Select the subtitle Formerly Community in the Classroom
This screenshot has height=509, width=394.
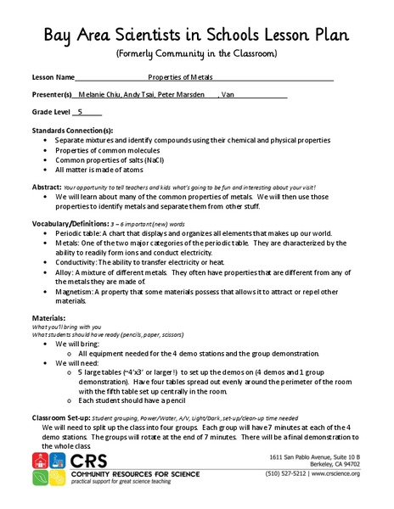click(x=196, y=53)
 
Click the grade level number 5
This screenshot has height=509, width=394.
click(x=81, y=111)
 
